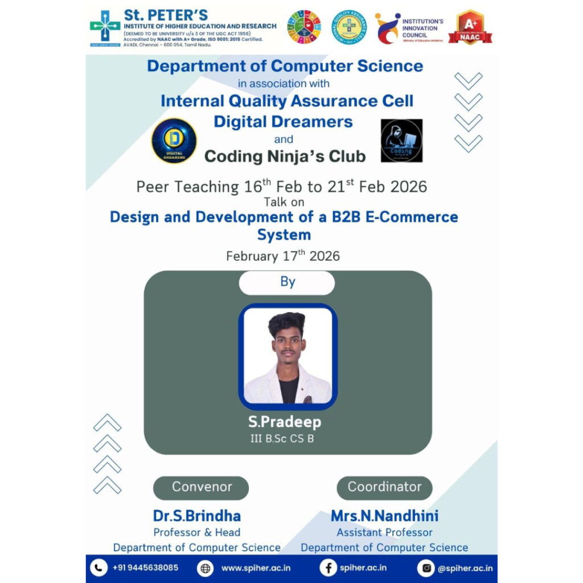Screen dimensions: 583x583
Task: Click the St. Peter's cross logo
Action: [105, 28]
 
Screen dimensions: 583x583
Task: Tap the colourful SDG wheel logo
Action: [303, 27]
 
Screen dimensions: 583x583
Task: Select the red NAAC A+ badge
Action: [470, 27]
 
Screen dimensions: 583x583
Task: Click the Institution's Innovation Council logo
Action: [387, 27]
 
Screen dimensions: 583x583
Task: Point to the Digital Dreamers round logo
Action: [174, 141]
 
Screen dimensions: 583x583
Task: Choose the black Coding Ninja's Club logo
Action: [401, 141]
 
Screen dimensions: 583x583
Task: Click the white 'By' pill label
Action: [286, 282]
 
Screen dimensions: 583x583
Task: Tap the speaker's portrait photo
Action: [288, 357]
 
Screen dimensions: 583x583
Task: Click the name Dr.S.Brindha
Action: [196, 516]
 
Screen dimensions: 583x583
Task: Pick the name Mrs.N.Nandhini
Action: [384, 516]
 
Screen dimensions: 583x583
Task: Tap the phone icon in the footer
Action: [99, 568]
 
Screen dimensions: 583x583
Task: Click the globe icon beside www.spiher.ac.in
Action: [206, 568]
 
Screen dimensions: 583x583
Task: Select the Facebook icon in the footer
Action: [327, 568]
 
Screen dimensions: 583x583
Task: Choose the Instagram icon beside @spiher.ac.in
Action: [425, 568]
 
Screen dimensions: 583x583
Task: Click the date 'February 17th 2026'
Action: [282, 255]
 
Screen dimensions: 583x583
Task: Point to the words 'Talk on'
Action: [284, 202]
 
